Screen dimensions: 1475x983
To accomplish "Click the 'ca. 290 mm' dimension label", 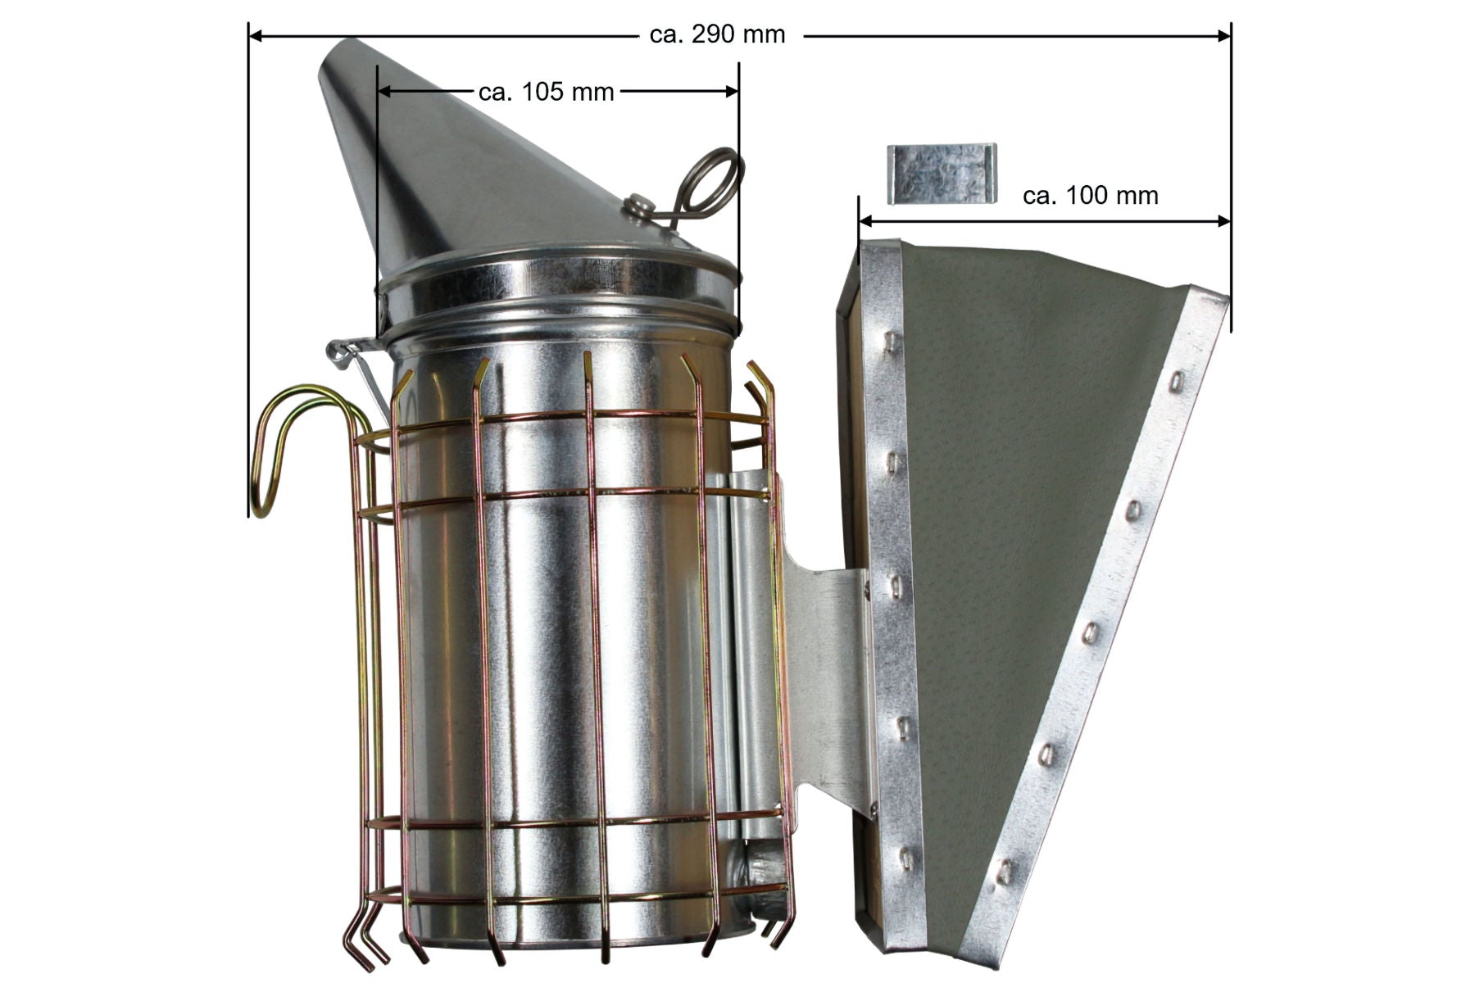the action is pyautogui.click(x=717, y=34).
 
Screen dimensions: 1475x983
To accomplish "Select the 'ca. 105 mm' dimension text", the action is pyautogui.click(x=546, y=92).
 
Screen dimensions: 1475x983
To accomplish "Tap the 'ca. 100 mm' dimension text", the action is pyautogui.click(x=1091, y=195).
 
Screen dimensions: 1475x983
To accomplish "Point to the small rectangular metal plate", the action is pyautogui.click(x=942, y=173).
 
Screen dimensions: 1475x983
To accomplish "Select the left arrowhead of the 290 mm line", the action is pyautogui.click(x=256, y=35).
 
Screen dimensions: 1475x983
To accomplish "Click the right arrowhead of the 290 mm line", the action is pyautogui.click(x=1223, y=35).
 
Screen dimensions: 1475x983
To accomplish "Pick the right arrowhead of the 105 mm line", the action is pyautogui.click(x=731, y=92).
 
